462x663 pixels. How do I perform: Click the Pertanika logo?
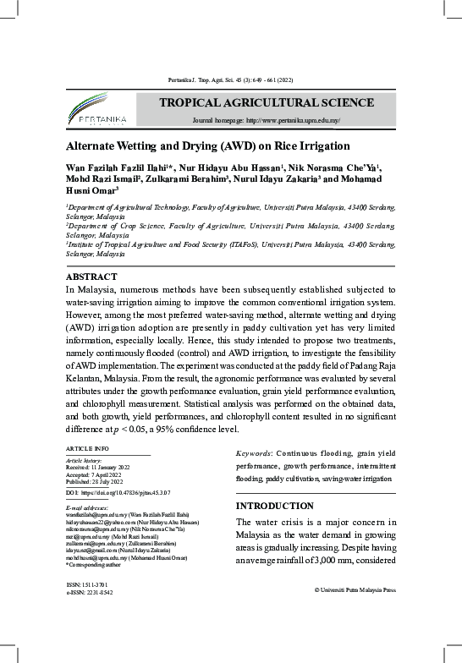click(x=91, y=108)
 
